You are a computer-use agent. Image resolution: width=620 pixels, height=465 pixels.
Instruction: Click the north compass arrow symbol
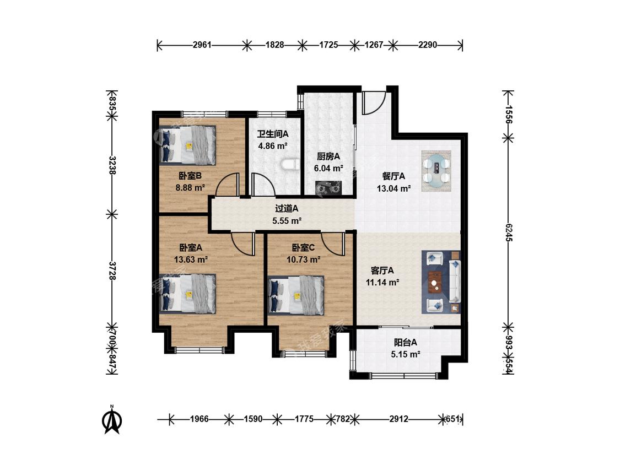point(112,419)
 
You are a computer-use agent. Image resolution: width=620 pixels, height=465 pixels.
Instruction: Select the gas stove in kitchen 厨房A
point(328,188)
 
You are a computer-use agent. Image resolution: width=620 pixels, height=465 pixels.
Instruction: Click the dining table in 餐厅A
point(436,171)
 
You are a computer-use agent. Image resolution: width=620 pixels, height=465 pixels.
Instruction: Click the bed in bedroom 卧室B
point(188,145)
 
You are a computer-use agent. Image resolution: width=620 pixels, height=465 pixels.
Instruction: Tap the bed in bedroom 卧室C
point(296,295)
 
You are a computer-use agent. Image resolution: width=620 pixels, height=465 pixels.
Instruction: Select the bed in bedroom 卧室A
point(188,294)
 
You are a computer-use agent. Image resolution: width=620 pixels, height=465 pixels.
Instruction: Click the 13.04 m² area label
point(393,188)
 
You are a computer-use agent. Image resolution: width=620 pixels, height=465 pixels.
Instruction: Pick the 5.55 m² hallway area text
point(287,221)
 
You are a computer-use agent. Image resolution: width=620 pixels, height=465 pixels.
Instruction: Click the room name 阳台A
point(405,343)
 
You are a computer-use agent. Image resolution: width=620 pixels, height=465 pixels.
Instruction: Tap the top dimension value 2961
point(202,45)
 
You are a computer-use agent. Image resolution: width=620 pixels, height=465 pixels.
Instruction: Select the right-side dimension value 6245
point(509,233)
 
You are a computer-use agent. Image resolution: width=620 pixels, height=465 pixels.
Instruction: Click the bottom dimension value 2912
point(398,419)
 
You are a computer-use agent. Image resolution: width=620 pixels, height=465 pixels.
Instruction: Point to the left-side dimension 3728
point(112,271)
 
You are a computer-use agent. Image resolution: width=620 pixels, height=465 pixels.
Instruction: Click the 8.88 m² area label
point(190,187)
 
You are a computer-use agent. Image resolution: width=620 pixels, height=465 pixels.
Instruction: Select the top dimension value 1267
point(374,45)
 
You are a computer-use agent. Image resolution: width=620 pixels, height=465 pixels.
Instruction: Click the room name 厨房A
point(328,156)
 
